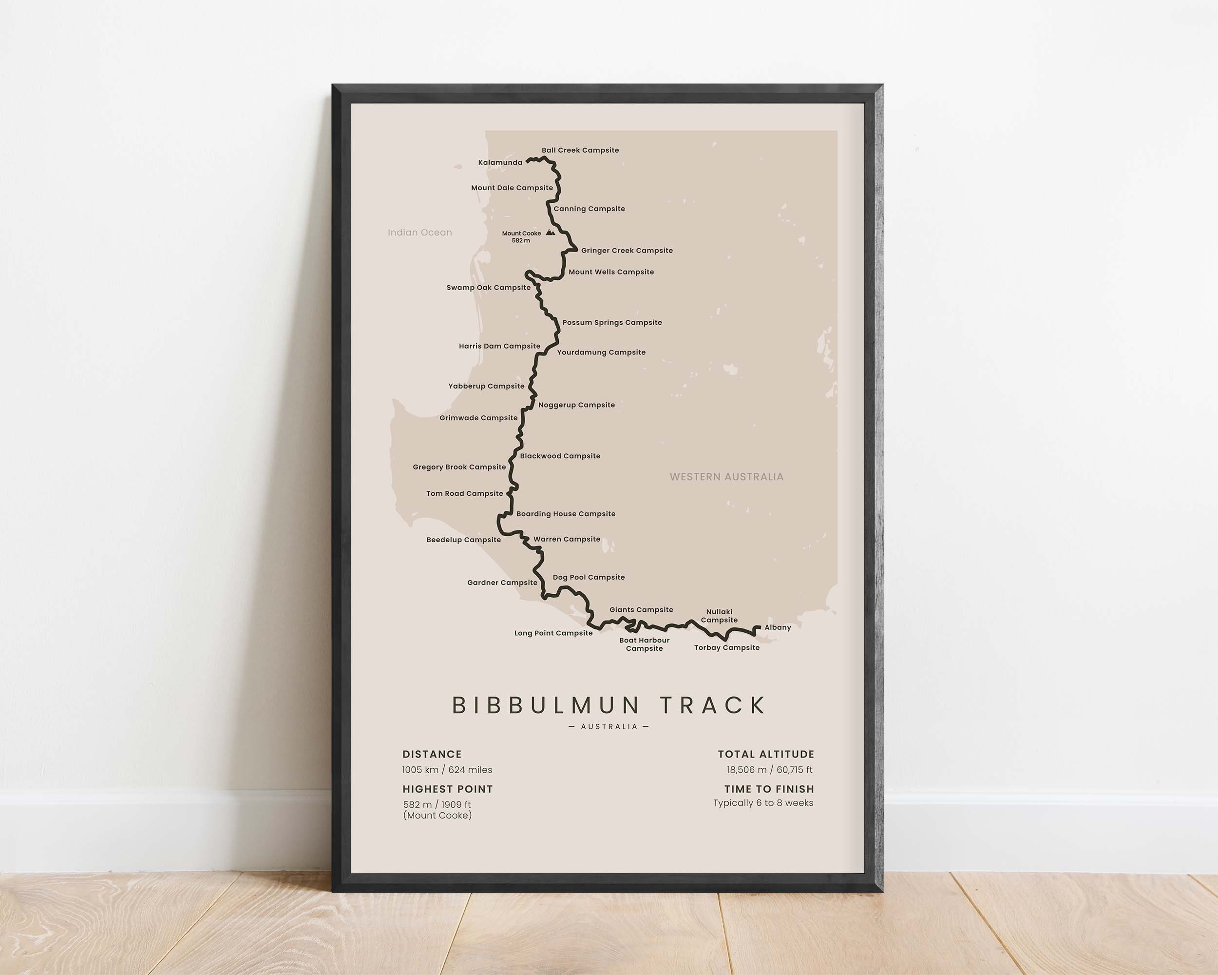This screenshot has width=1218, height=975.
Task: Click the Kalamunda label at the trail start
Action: coord(500,163)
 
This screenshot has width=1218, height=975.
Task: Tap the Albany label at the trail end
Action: coord(778,627)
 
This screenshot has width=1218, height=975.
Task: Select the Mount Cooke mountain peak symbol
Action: coord(550,233)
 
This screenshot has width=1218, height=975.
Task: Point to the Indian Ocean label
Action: coord(420,233)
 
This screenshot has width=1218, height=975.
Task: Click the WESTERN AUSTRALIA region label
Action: coord(726,477)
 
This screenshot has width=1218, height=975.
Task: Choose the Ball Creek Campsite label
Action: coord(580,150)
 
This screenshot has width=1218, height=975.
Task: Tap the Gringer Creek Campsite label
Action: coord(627,251)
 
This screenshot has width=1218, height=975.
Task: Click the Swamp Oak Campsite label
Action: coord(488,288)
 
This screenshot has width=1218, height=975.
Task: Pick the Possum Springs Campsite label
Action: coord(612,323)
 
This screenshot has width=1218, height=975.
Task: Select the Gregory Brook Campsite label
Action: coord(459,468)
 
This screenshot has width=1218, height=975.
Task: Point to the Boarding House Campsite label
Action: coord(566,514)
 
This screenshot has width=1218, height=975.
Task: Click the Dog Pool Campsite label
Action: coord(589,578)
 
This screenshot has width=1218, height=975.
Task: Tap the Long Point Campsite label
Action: coord(553,633)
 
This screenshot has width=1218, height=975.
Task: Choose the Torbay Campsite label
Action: coord(726,648)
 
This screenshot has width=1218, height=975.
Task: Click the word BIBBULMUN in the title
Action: coord(546,705)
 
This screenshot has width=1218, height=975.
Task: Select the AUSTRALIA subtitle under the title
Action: coord(609,727)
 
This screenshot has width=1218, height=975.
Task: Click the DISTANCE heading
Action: coord(432,755)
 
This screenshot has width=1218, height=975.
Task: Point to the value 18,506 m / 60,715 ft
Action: coord(769,770)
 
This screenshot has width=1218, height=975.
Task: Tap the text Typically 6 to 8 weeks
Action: coord(762,803)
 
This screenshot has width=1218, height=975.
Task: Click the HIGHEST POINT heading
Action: coord(447,789)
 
